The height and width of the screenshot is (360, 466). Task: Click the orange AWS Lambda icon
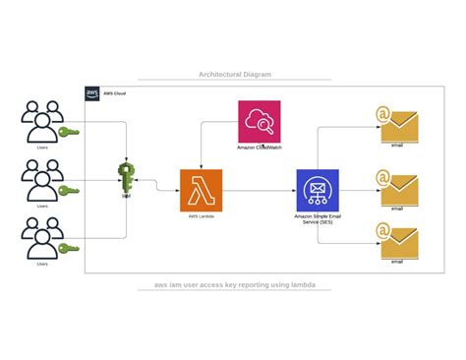point(201,190)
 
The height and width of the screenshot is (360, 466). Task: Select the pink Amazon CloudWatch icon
point(259,121)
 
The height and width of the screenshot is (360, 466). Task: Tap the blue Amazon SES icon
point(317,190)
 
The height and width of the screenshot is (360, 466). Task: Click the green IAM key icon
point(127,178)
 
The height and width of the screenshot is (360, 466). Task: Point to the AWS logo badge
point(92,94)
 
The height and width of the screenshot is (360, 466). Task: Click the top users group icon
point(42,123)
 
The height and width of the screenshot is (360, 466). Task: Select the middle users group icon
point(42,181)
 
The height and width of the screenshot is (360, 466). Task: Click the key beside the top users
point(68,132)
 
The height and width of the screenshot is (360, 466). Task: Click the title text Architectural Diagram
point(234,74)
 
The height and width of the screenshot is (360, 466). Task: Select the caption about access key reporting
point(234,285)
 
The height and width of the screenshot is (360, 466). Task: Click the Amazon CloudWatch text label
point(259,148)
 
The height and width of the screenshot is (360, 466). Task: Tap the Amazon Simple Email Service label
point(317,218)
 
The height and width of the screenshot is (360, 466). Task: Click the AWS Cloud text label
point(115,94)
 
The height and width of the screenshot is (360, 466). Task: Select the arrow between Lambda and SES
point(259,190)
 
